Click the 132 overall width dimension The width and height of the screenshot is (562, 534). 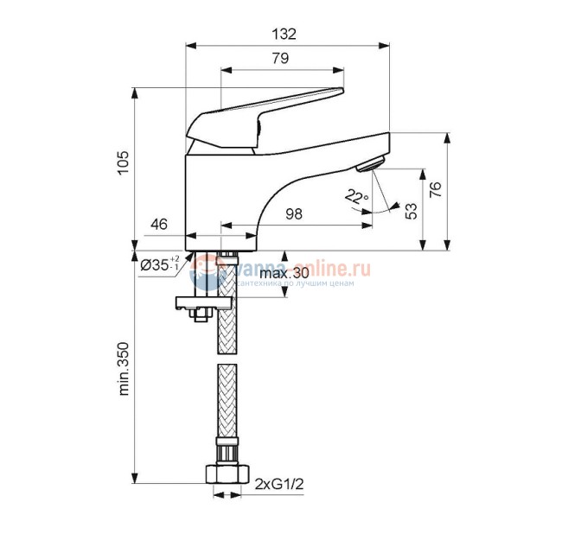click(283, 34)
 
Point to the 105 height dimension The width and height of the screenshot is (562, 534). click(122, 163)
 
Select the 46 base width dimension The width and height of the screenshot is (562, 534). click(159, 224)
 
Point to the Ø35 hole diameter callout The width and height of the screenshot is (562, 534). click(159, 264)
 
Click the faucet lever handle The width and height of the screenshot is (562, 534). click(268, 108)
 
